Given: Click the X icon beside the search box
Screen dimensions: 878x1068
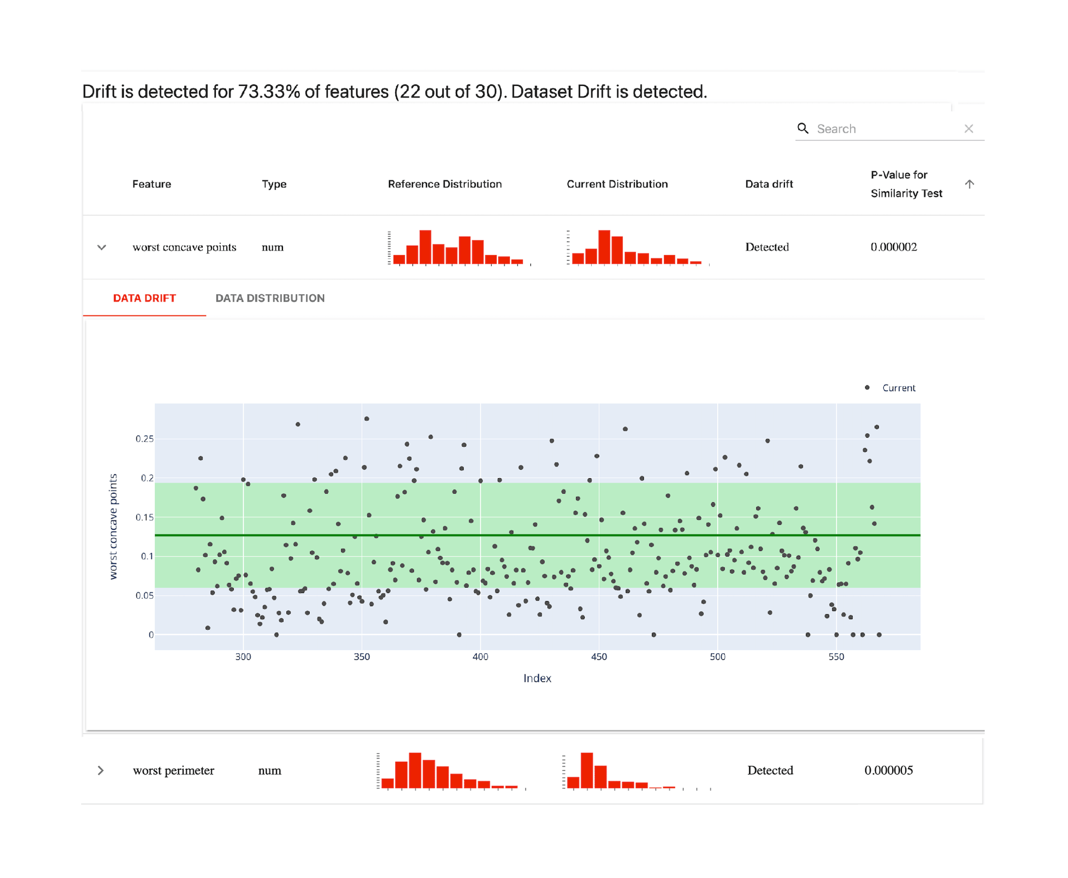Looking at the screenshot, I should [969, 129].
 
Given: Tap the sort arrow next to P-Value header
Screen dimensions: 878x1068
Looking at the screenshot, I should [970, 184].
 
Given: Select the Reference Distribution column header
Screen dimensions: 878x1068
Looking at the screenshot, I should [445, 184].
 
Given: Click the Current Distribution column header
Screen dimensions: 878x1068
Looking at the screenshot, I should [617, 184].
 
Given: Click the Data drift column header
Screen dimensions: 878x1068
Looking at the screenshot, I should [769, 184].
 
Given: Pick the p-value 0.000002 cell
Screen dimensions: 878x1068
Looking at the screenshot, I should [894, 247].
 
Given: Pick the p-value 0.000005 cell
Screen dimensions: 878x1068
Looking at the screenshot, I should [889, 770].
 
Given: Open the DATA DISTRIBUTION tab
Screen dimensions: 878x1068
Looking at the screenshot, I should [270, 298].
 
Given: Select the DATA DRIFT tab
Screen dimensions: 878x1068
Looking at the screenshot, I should [144, 298].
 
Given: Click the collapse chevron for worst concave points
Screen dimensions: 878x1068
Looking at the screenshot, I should [101, 248].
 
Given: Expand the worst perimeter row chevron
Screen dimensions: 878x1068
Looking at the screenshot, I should [100, 770].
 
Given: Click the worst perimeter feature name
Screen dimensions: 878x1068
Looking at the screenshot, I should [174, 770].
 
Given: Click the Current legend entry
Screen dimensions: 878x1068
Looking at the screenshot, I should [898, 388].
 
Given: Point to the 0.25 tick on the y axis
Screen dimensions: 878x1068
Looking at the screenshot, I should [144, 439].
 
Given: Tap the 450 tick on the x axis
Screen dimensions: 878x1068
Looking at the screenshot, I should [599, 657].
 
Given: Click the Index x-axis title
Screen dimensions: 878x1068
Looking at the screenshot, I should [537, 678].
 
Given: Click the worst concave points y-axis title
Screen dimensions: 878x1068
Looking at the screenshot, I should [113, 527].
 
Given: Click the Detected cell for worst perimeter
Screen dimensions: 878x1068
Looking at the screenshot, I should [770, 770].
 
